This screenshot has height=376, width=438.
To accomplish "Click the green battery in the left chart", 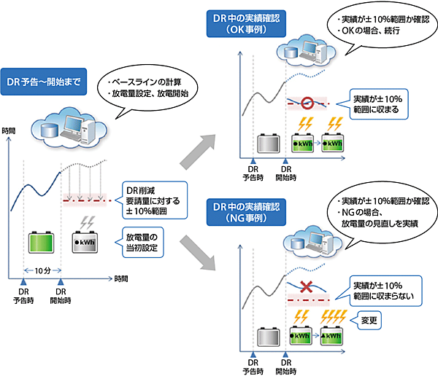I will pos(42,242).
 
